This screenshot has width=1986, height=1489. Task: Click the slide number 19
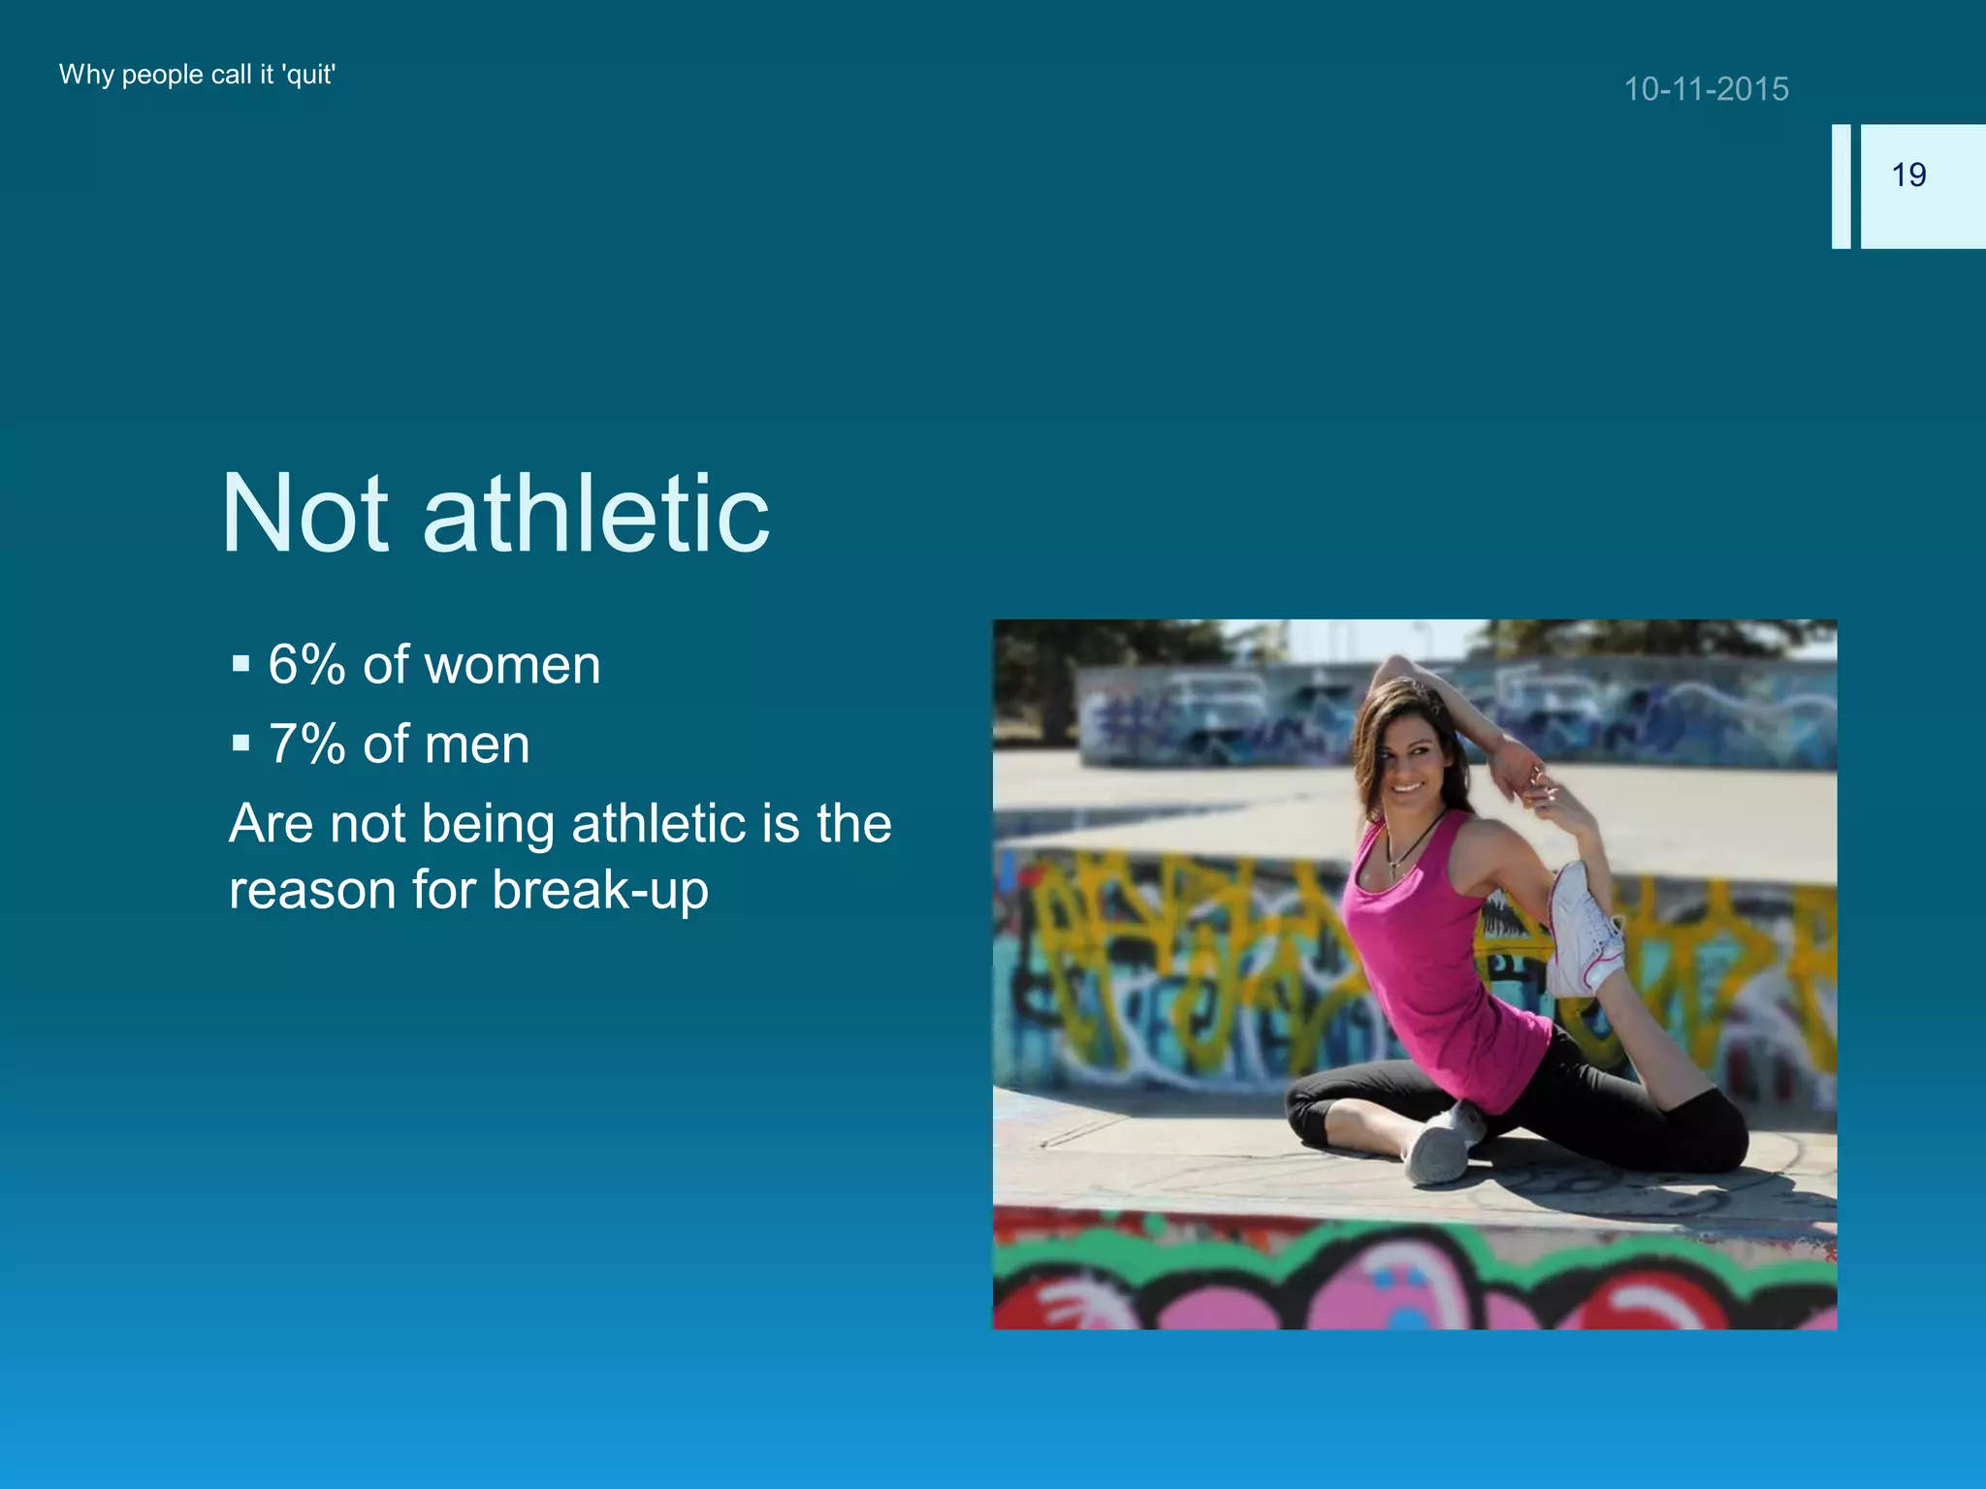[x=1908, y=174]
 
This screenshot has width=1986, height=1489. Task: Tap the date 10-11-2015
[x=1706, y=89]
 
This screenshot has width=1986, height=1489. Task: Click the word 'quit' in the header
[x=308, y=75]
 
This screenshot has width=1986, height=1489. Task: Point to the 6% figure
[x=306, y=665]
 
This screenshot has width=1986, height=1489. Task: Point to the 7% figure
[x=306, y=744]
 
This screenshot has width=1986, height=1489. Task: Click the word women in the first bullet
[x=512, y=665]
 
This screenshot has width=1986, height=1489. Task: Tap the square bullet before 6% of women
[x=241, y=665]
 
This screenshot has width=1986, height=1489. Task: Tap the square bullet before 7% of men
[x=241, y=744]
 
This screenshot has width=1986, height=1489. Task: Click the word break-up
[x=600, y=890]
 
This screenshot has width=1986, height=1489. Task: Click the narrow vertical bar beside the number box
[x=1841, y=186]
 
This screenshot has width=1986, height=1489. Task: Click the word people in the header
[x=162, y=75]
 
